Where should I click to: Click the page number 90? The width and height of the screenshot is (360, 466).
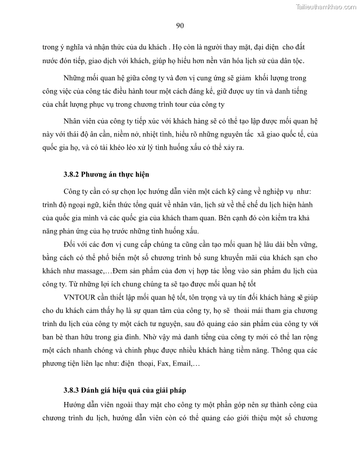[180, 26]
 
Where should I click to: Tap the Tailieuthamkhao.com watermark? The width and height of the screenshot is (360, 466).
[326, 7]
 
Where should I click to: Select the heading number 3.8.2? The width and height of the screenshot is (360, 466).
[71, 174]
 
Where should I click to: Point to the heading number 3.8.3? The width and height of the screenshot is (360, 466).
[71, 390]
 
